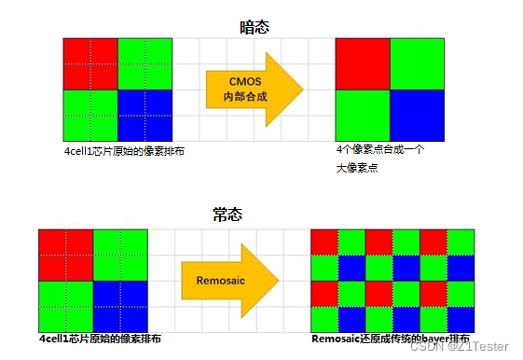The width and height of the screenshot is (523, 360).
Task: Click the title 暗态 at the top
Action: coord(254,27)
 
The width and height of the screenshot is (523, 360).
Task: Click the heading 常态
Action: coord(227,215)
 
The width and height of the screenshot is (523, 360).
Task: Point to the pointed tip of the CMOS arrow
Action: coord(303,89)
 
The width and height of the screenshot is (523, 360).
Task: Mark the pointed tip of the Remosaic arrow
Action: coord(279,278)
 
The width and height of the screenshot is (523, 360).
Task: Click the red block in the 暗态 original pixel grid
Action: coord(90,63)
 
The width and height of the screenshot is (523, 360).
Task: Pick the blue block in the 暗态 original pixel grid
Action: coord(145,115)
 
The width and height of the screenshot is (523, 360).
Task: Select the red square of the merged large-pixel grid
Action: coord(363,63)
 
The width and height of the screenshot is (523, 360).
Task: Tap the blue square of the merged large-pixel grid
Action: coord(417,115)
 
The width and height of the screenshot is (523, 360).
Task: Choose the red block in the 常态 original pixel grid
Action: coord(65,255)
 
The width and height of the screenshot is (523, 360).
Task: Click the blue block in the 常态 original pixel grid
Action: coord(120,305)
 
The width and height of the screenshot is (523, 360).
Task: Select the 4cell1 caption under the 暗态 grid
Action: coord(117,151)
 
